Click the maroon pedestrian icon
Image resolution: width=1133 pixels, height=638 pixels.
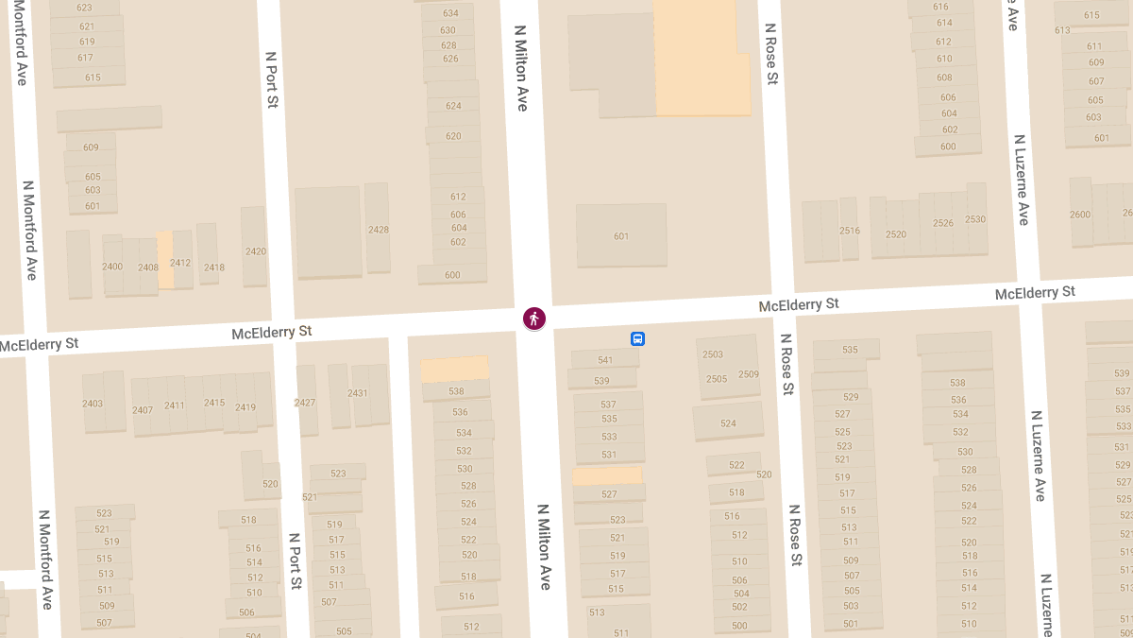[x=534, y=319]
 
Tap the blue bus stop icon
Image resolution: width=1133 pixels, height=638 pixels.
[x=637, y=338]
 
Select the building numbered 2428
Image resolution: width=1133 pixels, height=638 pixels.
[x=378, y=229]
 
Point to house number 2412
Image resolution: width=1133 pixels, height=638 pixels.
[x=180, y=262]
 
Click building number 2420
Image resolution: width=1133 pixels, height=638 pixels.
[x=255, y=250]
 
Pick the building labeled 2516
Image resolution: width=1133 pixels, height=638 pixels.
[x=849, y=230]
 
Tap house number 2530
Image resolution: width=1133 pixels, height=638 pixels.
[x=975, y=219]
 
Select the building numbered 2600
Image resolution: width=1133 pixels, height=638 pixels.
[x=1080, y=214]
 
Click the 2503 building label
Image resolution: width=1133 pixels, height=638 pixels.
[x=713, y=354]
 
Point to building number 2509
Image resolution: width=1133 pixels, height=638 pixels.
[x=749, y=374]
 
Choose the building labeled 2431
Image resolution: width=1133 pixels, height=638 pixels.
[x=358, y=393]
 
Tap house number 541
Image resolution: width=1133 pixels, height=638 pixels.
[x=605, y=360]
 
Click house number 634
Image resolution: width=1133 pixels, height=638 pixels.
[x=449, y=13]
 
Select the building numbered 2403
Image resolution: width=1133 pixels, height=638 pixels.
[x=93, y=404]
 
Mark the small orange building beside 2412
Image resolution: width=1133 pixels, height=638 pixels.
[x=165, y=259]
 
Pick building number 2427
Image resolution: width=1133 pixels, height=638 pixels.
[x=305, y=403]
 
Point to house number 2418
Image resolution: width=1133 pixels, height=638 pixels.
[x=213, y=267]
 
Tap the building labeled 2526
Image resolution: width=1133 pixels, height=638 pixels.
[x=942, y=223]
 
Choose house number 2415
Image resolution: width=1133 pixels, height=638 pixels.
[x=214, y=403]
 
